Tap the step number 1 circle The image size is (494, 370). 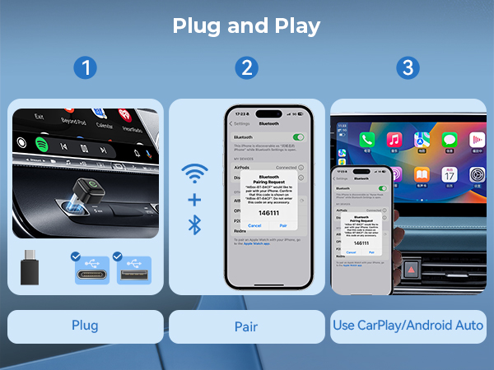click(x=85, y=68)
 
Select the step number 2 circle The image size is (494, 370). click(x=246, y=68)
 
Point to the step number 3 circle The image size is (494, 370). click(x=408, y=68)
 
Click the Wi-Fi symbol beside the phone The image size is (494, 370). click(x=194, y=175)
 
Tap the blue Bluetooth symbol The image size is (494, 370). click(x=195, y=224)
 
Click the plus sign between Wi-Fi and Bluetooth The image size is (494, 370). click(x=194, y=200)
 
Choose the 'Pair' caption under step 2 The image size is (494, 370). click(x=246, y=326)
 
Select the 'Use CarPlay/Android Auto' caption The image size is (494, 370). click(x=408, y=326)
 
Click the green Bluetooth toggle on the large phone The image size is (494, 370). click(x=298, y=136)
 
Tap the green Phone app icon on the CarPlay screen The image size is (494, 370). click(x=366, y=140)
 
